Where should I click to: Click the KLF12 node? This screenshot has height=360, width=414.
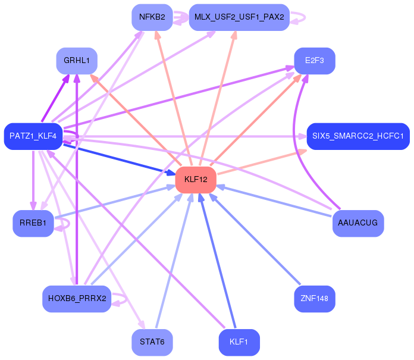[x=196, y=180]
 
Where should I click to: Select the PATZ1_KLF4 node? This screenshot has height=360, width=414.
[x=33, y=136]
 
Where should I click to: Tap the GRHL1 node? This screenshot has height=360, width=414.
[x=77, y=61]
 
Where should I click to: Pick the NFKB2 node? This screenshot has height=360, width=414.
[x=152, y=17]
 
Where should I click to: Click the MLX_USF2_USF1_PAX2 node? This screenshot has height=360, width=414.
[x=239, y=17]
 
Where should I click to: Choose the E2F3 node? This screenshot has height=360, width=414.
[x=315, y=61]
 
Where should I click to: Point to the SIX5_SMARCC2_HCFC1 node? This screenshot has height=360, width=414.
[x=358, y=136]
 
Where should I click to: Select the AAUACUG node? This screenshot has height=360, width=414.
[x=358, y=223]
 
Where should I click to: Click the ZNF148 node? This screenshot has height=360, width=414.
[x=315, y=299]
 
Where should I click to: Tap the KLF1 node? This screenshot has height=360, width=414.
[x=239, y=342]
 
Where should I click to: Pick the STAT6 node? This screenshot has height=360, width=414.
[x=152, y=342]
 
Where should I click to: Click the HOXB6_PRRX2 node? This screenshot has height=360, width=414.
[x=77, y=299]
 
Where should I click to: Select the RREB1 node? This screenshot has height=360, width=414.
[x=33, y=223]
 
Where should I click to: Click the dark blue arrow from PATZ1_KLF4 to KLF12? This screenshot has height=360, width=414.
[x=120, y=159]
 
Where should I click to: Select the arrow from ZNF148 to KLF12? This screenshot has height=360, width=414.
[x=255, y=239]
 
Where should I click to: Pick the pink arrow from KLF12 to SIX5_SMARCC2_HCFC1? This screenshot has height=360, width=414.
[x=262, y=162]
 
